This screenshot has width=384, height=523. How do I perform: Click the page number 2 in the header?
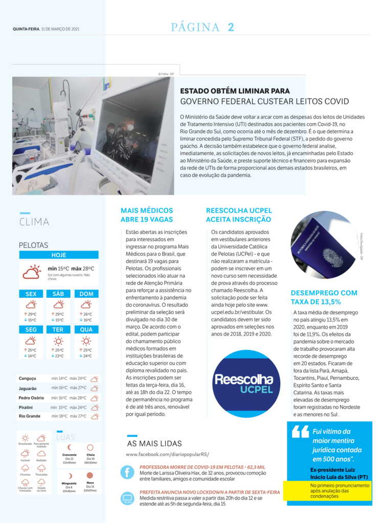[x=231, y=28]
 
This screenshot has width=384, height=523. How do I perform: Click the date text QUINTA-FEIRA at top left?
[x=26, y=29]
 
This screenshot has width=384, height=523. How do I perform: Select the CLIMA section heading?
[x=34, y=222]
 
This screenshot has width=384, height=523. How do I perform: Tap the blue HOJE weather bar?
[x=59, y=255]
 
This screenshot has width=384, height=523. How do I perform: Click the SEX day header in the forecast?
[x=31, y=294]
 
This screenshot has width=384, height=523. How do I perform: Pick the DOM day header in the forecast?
[x=86, y=294]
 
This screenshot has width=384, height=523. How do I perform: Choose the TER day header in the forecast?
[x=58, y=329]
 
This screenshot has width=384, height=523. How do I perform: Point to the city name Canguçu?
[x=28, y=378]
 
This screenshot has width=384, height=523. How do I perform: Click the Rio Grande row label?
[x=29, y=416]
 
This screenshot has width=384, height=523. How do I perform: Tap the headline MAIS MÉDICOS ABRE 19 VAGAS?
[x=147, y=215]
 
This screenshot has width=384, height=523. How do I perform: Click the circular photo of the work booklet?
[x=324, y=245]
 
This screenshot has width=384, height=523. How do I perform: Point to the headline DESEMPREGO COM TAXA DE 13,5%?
[x=324, y=297]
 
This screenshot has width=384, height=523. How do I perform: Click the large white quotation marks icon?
[x=300, y=432]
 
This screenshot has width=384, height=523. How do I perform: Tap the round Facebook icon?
[x=127, y=472]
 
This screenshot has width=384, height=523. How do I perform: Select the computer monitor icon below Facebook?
[x=127, y=497]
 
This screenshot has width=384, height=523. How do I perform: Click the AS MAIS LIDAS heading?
[x=154, y=443]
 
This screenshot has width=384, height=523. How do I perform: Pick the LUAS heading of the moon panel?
[x=65, y=437]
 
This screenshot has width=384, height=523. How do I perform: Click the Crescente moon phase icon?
[x=69, y=447]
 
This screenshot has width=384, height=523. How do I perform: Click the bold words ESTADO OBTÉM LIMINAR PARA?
[x=235, y=91]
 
